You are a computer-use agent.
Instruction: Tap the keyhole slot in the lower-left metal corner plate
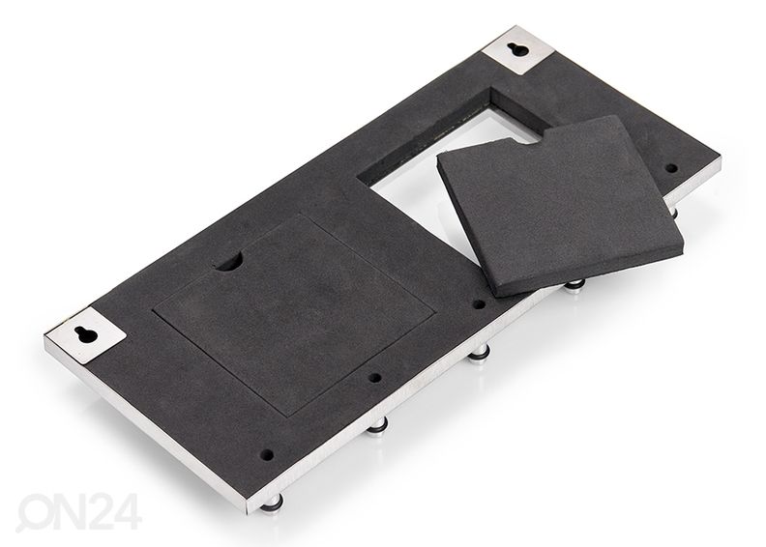click(x=87, y=334)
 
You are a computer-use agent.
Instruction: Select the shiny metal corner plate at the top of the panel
click(x=518, y=50)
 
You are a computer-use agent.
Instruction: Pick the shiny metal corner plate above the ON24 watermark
click(x=86, y=334)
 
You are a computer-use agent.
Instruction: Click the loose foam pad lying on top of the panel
click(x=557, y=205)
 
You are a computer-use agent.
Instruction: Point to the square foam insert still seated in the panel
click(x=293, y=312)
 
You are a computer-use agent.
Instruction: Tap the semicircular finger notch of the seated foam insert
click(x=228, y=263)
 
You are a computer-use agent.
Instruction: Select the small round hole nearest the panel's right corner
click(x=672, y=168)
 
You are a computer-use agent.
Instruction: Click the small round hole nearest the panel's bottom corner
click(x=268, y=455)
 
